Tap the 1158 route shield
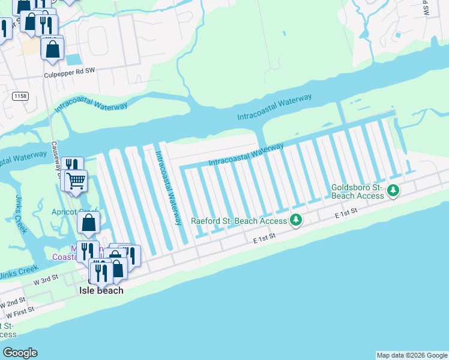coord(19,95)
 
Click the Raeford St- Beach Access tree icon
coord(295,221)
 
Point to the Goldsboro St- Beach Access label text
coord(357,191)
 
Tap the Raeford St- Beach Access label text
coord(239,221)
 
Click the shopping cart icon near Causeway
coord(76,179)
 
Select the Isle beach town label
coord(101,290)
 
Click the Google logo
coord(20,353)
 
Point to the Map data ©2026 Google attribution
coord(412,355)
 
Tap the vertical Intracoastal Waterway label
coord(169,187)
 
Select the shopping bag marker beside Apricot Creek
coord(88,223)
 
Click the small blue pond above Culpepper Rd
coord(73,59)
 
